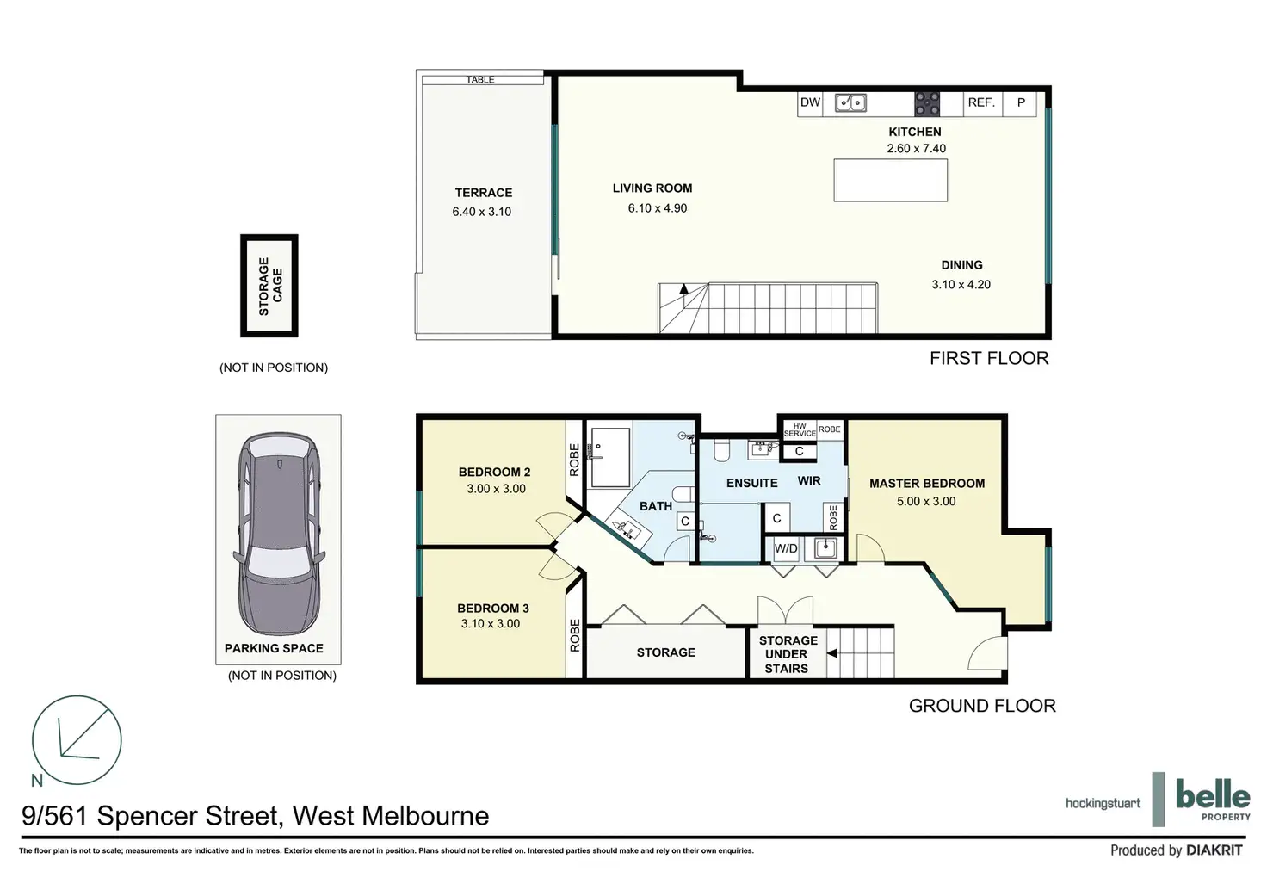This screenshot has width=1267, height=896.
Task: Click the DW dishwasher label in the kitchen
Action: pyautogui.click(x=810, y=102)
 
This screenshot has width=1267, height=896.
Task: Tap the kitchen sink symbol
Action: pyautogui.click(x=850, y=103)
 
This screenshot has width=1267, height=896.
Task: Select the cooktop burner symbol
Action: pyautogui.click(x=927, y=104)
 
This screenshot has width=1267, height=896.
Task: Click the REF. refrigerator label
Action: pyautogui.click(x=981, y=102)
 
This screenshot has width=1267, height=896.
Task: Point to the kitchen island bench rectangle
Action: pyautogui.click(x=890, y=180)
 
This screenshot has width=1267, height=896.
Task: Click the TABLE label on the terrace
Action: pyautogui.click(x=480, y=80)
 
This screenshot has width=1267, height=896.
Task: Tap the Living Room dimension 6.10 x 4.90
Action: pyautogui.click(x=658, y=208)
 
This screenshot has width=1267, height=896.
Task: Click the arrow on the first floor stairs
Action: pyautogui.click(x=683, y=289)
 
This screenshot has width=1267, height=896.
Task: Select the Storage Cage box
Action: pyautogui.click(x=269, y=286)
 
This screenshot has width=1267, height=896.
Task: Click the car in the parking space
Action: pyautogui.click(x=279, y=534)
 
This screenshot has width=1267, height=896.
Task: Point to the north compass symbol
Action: pyautogui.click(x=77, y=740)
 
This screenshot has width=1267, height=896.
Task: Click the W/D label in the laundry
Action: pyautogui.click(x=786, y=548)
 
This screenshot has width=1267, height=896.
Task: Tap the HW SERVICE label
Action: pyautogui.click(x=800, y=429)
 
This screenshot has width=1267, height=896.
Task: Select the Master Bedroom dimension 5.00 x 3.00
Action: pyautogui.click(x=926, y=501)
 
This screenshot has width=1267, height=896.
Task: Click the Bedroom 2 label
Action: pyautogui.click(x=494, y=472)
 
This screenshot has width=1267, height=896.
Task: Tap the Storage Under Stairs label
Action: pyautogui.click(x=788, y=654)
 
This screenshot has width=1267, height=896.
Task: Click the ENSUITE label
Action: pyautogui.click(x=751, y=483)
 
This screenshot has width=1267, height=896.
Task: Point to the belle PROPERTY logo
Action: pyautogui.click(x=1213, y=800)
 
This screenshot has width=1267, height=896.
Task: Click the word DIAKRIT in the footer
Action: pyautogui.click(x=1214, y=850)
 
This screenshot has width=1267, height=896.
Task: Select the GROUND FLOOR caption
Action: pyautogui.click(x=982, y=706)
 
